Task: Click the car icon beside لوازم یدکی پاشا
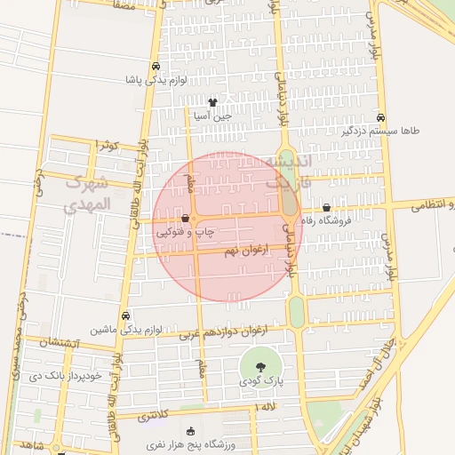[156, 67]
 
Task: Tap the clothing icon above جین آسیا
[212, 102]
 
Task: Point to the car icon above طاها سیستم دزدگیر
[380, 117]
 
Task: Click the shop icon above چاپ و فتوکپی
[185, 218]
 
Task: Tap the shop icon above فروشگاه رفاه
[327, 207]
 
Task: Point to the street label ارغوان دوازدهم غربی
[222, 332]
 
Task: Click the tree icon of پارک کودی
[260, 366]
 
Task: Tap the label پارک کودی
[259, 380]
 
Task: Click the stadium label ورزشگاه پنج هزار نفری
[188, 443]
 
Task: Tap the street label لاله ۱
[266, 407]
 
